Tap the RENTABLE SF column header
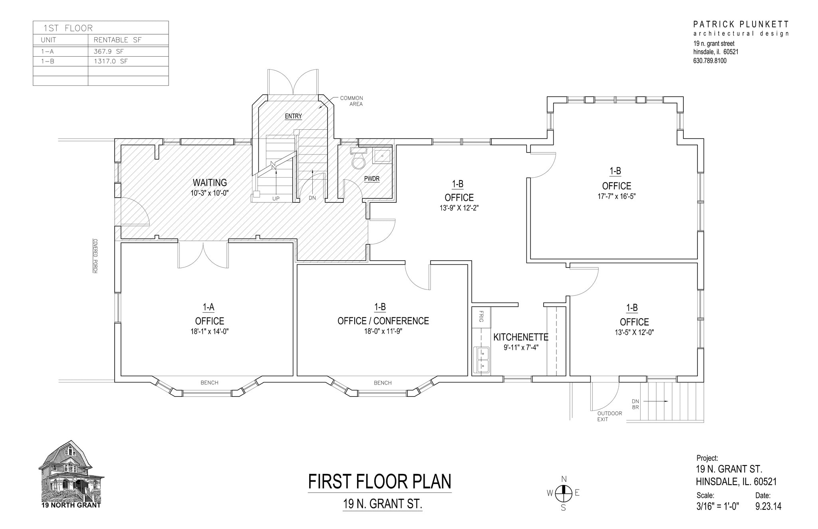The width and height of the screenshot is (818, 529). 117,40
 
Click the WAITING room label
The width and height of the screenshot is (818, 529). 210,182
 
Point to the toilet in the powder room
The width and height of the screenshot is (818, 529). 358,161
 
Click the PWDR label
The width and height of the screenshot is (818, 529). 371,178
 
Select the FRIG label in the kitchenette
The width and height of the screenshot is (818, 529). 481,317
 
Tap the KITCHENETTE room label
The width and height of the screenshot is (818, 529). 520,337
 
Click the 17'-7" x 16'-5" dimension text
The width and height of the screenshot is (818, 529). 616,196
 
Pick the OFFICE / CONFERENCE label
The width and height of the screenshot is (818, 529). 383,321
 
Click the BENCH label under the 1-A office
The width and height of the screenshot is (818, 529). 209,382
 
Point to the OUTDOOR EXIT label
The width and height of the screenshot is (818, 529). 609,416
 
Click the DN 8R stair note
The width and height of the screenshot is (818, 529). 635,404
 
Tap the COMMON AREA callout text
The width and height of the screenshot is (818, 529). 352,101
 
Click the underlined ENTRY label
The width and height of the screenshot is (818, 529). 293,116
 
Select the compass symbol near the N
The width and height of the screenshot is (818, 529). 563,493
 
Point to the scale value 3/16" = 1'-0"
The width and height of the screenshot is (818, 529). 718,506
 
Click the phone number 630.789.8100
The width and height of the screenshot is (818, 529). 710,61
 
